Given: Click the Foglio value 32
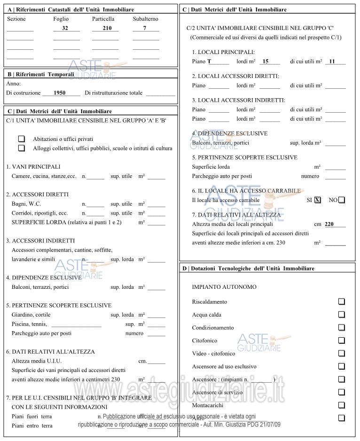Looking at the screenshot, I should pos(65,29).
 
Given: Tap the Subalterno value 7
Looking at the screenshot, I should pos(145,29).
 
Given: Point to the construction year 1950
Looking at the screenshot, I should pos(60,93).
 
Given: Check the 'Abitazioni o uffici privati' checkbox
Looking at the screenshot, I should pos(22,139).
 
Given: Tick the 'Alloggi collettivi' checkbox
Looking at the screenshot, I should pos(22,148).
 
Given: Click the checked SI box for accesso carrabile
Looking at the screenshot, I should pos(318,200).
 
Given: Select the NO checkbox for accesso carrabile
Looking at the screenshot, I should pos(342,200).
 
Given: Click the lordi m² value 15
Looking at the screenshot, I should pos(265,62).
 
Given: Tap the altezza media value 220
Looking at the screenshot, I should pos(329,224).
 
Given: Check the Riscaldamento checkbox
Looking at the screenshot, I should pos(342,302).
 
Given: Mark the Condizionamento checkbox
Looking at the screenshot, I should pos(342,327).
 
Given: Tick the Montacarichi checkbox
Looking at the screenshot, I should pos(342,405).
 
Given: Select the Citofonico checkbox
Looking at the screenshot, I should pos(342,340).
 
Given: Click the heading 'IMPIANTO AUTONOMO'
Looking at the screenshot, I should pos(224,287).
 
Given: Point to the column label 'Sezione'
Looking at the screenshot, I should pos(16,19).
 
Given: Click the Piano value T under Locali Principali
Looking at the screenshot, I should pos(210,62).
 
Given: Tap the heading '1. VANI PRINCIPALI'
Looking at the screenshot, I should pos(33,167).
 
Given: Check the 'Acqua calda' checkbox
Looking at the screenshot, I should pos(342,315).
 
